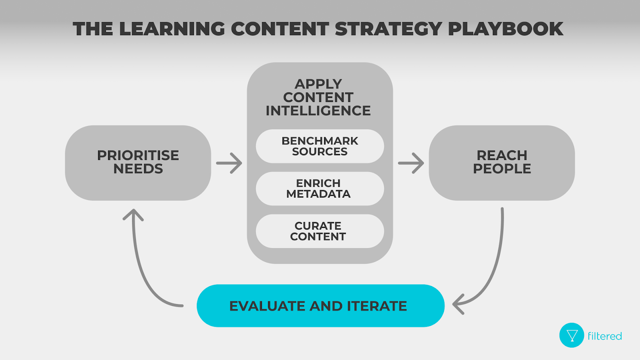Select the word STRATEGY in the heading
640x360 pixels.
coord(388,29)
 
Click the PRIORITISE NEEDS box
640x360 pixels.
coord(138,162)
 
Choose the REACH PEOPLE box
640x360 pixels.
coord(502,162)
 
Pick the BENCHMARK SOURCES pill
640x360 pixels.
coord(320,146)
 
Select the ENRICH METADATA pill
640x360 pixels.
coord(320,188)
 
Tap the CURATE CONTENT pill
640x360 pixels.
coord(320,231)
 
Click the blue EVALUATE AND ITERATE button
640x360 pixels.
coord(320,306)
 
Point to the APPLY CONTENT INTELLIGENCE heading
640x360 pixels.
coord(318,97)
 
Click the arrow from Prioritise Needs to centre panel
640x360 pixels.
coord(229,163)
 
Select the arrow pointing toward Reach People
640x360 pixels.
coord(411,163)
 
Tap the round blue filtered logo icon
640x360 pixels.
coord(572,335)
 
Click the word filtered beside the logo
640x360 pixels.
coord(604,336)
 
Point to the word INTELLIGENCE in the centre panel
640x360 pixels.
coord(318,111)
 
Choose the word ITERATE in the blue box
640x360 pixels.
coord(377,306)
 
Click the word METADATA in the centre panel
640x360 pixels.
coord(318,194)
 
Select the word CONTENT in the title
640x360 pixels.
coord(280,29)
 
